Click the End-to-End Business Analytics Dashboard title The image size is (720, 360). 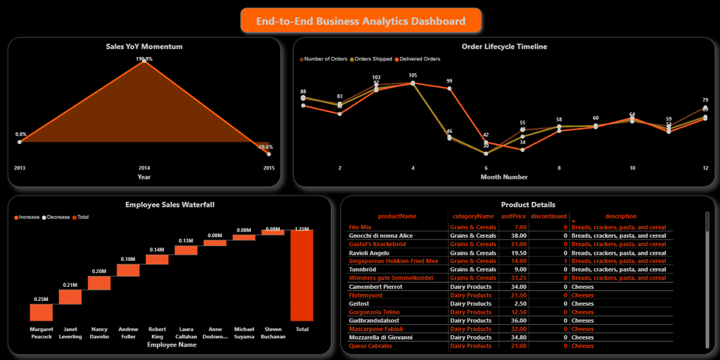click(x=361, y=21)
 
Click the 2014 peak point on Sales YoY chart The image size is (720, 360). click(x=144, y=60)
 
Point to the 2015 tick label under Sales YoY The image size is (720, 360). click(x=269, y=168)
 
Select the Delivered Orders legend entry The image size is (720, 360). click(x=420, y=59)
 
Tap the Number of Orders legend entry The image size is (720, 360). click(x=326, y=59)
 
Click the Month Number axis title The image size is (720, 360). click(x=504, y=177)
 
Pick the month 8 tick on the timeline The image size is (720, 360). click(x=559, y=168)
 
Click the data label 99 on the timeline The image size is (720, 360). click(x=449, y=81)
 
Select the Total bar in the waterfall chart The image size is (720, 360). click(x=302, y=275)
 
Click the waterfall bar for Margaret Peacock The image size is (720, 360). click(x=41, y=312)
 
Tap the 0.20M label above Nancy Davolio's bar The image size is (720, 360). click(x=99, y=271)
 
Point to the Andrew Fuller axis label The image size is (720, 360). click(x=128, y=333)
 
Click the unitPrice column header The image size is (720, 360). click(x=513, y=217)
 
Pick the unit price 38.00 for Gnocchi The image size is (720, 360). click(x=520, y=236)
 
